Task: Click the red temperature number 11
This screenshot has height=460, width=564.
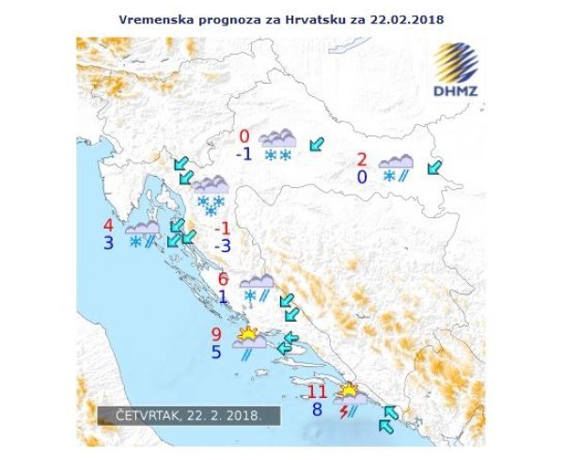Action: click(319, 391)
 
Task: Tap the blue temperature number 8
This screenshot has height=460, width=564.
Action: click(318, 409)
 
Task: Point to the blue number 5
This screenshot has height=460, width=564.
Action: click(215, 353)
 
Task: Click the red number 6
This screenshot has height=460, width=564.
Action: click(223, 278)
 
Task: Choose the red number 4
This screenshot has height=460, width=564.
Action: click(109, 226)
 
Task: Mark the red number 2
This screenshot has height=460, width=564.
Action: click(361, 159)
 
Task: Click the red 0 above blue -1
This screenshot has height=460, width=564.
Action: click(244, 136)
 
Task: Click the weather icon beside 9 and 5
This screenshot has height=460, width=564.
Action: click(250, 342)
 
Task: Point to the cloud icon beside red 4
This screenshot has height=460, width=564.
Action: click(143, 234)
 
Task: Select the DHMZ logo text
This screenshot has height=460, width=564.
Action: click(457, 91)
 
